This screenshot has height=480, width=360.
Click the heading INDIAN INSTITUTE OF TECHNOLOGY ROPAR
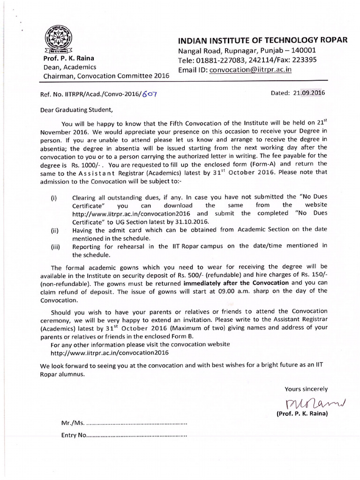tap(262, 40)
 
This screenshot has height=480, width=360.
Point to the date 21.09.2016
tap(308, 92)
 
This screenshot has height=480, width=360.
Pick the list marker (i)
tap(54, 198)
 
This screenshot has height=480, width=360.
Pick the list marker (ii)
tap(55, 230)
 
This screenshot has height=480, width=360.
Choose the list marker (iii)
tap(55, 246)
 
